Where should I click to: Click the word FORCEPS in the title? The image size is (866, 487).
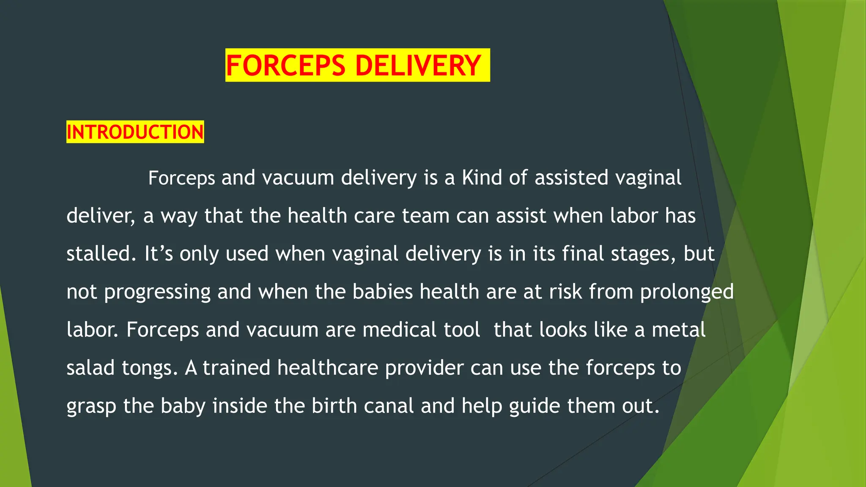[286, 66]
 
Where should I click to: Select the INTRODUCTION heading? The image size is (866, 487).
[135, 132]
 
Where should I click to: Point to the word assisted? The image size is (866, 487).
[571, 178]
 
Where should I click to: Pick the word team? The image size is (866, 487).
[425, 216]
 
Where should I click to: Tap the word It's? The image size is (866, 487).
[159, 254]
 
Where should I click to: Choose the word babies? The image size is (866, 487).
[382, 292]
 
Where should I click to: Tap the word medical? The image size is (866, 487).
[399, 330]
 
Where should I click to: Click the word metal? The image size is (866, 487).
[678, 330]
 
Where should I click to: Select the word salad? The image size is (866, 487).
[90, 368]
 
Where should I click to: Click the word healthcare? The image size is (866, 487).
[328, 368]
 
